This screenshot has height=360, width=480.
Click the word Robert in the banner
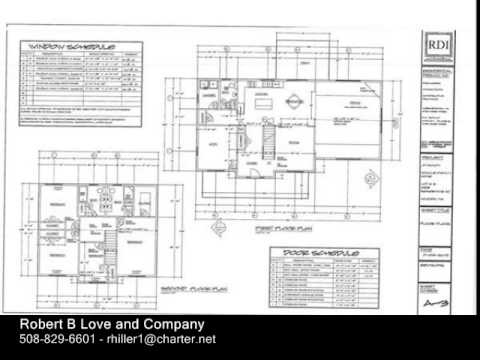click(x=44, y=325)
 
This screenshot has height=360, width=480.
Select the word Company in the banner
click(x=170, y=325)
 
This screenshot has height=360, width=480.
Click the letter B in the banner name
click(x=76, y=325)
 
